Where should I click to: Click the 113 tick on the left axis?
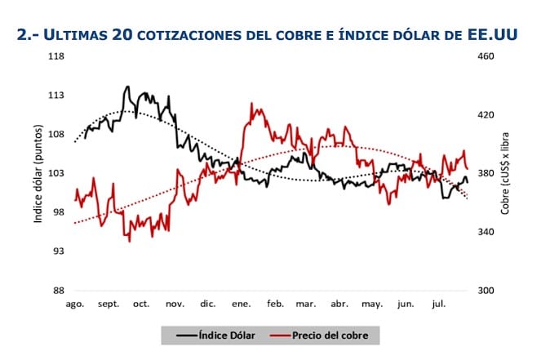point(58,96)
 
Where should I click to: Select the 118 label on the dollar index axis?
point(58,56)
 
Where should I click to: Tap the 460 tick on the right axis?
point(485,56)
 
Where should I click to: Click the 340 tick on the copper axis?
point(485,232)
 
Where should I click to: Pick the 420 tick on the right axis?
point(485,115)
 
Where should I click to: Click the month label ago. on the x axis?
point(75,304)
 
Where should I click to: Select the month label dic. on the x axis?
point(207,304)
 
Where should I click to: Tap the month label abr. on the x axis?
point(339,304)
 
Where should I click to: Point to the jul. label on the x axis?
point(437,304)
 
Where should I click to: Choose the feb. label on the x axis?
point(273,304)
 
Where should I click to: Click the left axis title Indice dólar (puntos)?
point(38,173)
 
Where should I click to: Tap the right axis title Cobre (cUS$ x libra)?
point(505,173)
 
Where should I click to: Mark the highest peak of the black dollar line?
point(127,86)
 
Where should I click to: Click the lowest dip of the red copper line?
point(129,241)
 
